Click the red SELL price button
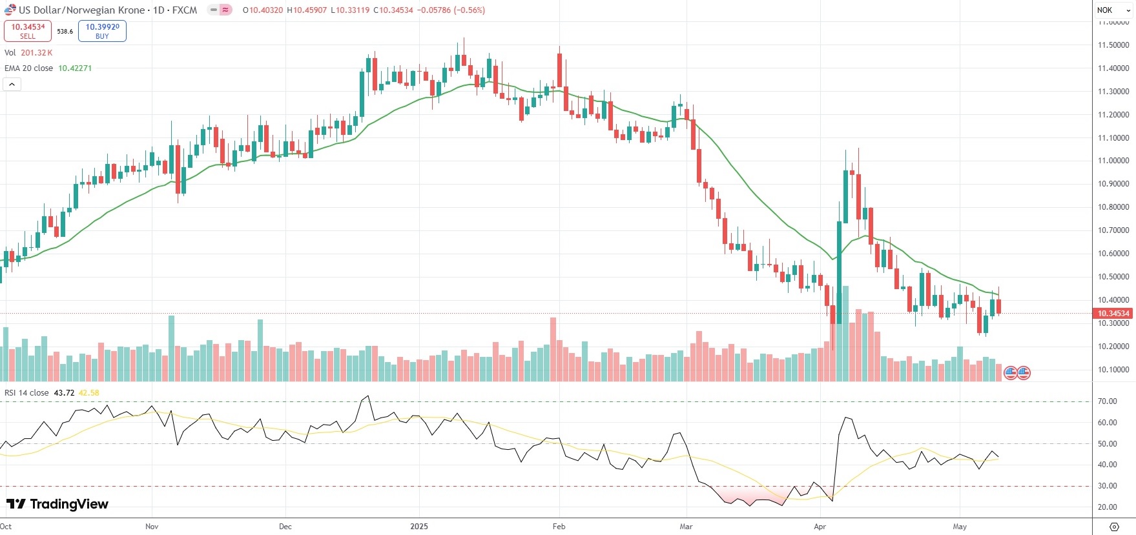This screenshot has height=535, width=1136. pos(28,31)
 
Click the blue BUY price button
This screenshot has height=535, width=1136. pos(102,31)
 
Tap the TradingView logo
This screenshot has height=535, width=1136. pos(57,504)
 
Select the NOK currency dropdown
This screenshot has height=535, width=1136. pos(1112,10)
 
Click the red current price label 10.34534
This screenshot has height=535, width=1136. pos(1113,314)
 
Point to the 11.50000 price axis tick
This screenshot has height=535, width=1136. pos(1113,45)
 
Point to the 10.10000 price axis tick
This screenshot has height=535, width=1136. pos(1113,370)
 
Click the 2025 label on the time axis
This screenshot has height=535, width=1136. pos(419,527)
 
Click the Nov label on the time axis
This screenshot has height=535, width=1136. pos(152,527)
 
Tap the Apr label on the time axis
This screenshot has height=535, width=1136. pos(820,527)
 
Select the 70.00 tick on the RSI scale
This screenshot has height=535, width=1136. pos(1107,401)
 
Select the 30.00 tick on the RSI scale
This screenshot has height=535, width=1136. pos(1107,486)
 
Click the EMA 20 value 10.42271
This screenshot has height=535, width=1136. pos(75,68)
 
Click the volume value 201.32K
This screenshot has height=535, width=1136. pos(36,53)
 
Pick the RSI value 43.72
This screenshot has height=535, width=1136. pos(64,392)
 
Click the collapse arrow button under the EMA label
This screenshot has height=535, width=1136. pos(12,84)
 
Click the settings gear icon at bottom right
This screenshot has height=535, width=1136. pos(1113,527)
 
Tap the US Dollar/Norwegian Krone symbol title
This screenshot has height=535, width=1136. pos(81,10)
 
